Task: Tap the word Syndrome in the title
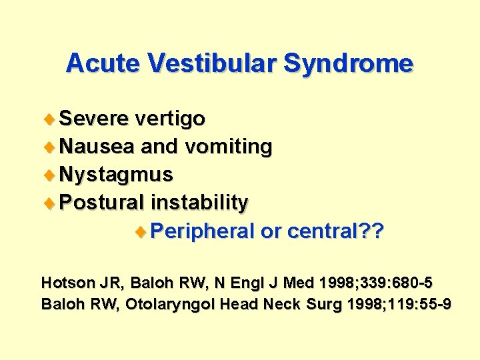click(349, 63)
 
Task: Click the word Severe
click(94, 119)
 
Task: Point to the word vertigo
click(169, 120)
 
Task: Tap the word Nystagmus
click(116, 175)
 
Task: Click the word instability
click(199, 203)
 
